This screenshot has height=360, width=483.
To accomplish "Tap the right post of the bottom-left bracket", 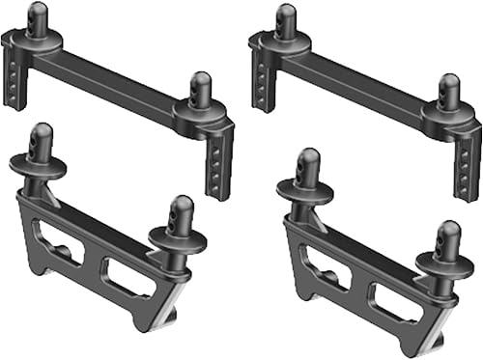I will tap(179, 216).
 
